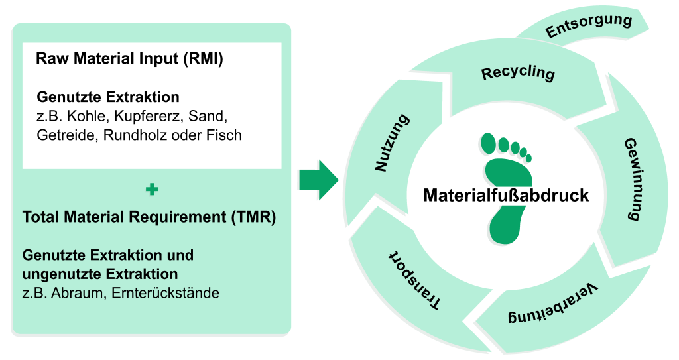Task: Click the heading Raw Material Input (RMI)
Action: (129, 58)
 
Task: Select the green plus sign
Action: (152, 190)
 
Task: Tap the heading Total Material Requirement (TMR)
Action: (149, 217)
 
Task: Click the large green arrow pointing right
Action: (318, 179)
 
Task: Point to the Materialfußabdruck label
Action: (506, 196)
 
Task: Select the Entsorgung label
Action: (588, 25)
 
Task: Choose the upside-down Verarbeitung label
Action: (554, 306)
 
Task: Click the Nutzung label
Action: (392, 143)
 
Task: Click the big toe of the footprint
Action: (490, 143)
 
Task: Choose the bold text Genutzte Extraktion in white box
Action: (108, 97)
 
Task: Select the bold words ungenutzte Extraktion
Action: (100, 274)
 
